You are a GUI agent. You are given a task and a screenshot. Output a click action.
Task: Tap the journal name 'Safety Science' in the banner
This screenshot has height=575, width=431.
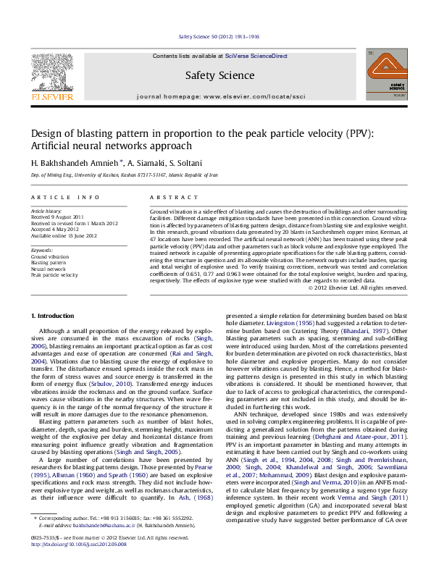tap(219, 75)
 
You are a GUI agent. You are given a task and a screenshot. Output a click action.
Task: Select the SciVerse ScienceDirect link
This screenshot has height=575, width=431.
tap(256, 56)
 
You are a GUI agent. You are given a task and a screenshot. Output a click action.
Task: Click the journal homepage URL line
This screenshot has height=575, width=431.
tap(219, 96)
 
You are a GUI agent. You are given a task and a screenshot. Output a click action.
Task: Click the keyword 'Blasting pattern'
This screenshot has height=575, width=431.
tap(48, 263)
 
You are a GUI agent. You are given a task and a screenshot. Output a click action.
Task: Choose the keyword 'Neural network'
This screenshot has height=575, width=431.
tap(48, 269)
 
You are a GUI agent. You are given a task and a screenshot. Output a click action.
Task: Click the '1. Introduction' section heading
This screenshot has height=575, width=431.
tap(54, 316)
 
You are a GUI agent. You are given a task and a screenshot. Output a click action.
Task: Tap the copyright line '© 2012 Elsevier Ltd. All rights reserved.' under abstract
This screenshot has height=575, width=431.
tap(357, 287)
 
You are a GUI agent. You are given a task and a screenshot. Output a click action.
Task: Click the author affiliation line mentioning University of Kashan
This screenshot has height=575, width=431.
tap(123, 175)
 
